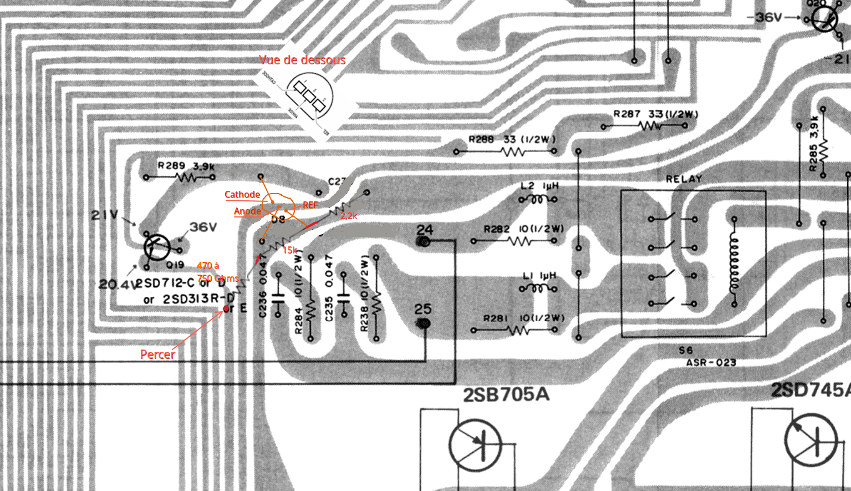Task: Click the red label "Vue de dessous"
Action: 302,60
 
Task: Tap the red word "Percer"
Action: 157,355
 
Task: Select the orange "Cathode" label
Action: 242,195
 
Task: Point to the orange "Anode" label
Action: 247,211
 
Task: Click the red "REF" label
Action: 310,205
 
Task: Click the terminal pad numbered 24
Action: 424,241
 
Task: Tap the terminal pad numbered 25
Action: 424,322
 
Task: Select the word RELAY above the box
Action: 684,179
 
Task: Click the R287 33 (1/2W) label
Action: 655,114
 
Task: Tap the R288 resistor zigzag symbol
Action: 513,151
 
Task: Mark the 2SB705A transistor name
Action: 506,395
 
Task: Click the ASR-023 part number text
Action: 711,363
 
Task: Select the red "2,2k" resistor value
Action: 349,216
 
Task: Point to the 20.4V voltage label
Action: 117,285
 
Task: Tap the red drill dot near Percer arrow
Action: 226,309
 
